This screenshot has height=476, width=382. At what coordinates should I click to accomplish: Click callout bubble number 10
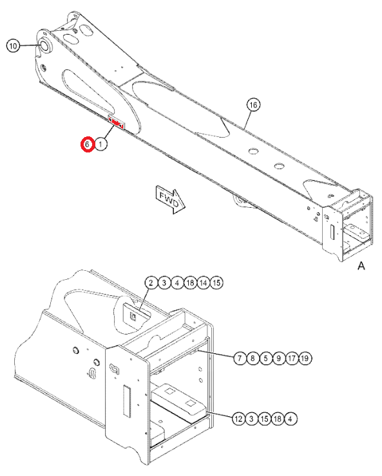point(14,46)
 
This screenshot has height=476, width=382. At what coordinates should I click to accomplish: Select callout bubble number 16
point(253,105)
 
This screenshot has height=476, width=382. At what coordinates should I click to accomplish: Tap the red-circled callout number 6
point(88,145)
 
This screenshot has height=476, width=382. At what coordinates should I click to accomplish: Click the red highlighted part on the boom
point(117,122)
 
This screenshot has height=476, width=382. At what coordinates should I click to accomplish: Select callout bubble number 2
point(150,283)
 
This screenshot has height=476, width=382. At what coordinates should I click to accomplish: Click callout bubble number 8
point(253,357)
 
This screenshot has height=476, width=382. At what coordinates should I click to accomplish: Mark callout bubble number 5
point(265,357)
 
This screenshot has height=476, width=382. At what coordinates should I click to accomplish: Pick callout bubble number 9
point(279,357)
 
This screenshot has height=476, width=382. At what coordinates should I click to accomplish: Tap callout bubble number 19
point(305,357)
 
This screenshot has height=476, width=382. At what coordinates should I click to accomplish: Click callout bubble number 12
point(238,419)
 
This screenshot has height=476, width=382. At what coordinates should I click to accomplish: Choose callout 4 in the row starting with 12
point(292,419)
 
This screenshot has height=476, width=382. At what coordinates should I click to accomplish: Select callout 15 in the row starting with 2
point(216,283)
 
